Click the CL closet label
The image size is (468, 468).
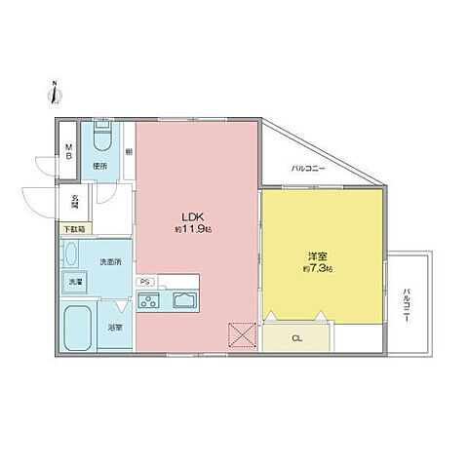(x=296, y=337)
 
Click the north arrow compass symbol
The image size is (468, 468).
(x=55, y=92)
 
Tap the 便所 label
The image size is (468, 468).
(x=99, y=167)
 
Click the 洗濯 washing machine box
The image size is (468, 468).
(x=75, y=283)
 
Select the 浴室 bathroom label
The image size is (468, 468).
(x=115, y=327)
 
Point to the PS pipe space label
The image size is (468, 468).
(x=144, y=283)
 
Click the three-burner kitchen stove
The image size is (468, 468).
(x=151, y=301)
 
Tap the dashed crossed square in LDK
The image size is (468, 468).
(x=239, y=334)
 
